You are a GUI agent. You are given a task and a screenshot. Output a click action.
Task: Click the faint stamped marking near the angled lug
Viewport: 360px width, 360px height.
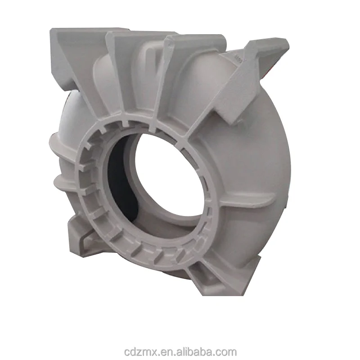(x=238, y=58)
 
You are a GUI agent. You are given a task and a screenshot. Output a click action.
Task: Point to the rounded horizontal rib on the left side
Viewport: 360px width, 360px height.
(x=67, y=182)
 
